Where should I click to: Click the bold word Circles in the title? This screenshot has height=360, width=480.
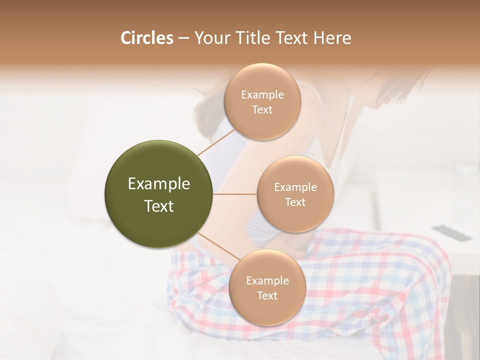(146, 38)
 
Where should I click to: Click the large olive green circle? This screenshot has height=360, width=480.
(159, 194)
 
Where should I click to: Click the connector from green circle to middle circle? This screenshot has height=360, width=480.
(234, 194)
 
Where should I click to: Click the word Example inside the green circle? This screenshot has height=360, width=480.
(159, 184)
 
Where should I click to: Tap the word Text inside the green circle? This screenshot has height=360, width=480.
(159, 206)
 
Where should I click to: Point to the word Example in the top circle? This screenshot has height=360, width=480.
(262, 94)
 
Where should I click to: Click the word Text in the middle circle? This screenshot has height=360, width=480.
(295, 202)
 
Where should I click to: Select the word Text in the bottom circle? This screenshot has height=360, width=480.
(267, 296)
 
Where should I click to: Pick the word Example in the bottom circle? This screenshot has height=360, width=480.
(267, 281)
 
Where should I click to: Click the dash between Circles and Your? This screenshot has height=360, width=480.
(183, 38)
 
